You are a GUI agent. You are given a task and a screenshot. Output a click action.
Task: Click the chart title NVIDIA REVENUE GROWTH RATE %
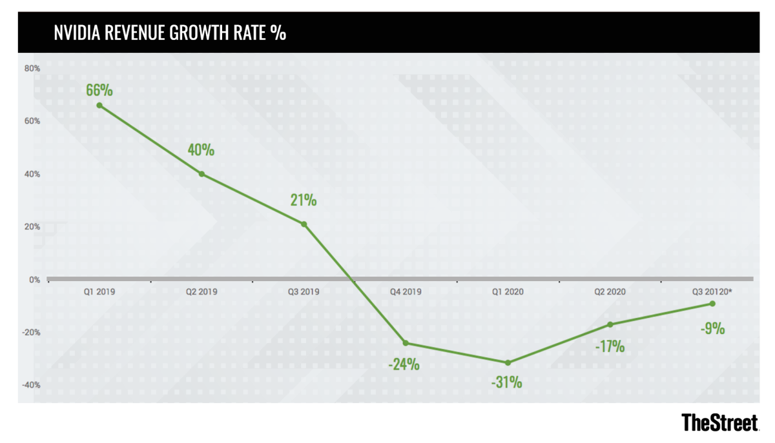tap(170, 34)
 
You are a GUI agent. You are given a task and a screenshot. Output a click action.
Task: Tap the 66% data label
tap(99, 89)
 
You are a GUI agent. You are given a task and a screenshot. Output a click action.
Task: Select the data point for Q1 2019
tap(99, 105)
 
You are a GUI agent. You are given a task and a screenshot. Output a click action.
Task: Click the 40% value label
tap(201, 150)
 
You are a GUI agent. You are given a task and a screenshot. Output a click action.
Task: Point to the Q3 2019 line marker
tap(304, 224)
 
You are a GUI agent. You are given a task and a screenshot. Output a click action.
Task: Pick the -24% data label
tap(404, 364)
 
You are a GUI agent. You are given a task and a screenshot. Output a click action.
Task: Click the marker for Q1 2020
tap(508, 362)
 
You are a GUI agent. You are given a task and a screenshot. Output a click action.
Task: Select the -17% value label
tap(610, 346)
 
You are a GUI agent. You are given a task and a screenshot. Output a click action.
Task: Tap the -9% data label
tap(712, 329)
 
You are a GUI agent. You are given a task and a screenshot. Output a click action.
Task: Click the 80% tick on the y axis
tap(33, 68)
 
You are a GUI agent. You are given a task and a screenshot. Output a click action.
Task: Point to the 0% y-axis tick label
tap(35, 280)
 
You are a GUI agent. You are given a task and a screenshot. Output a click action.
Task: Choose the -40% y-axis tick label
tap(32, 386)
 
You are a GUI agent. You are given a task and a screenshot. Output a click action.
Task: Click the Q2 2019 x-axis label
tap(201, 291)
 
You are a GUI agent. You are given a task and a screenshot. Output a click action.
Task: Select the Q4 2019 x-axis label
tap(406, 291)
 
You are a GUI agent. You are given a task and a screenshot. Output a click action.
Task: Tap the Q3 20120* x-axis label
tap(712, 291)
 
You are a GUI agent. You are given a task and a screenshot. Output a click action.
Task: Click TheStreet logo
tap(720, 423)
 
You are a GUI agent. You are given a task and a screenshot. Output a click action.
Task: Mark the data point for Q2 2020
tap(610, 324)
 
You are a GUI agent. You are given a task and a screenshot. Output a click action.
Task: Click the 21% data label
tap(304, 200)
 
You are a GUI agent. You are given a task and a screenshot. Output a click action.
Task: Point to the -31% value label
tap(506, 382)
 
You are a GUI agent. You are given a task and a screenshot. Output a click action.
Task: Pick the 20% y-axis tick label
tap(33, 227)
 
